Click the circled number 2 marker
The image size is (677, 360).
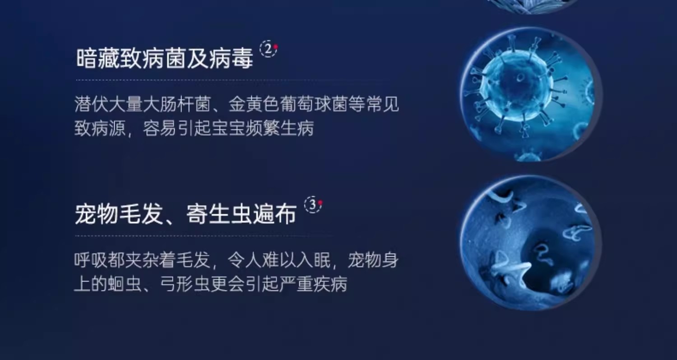pos(269,49)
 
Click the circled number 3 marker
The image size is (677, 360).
pos(313,204)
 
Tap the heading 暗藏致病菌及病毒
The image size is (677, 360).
pos(164,59)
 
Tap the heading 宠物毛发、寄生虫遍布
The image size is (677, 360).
pos(185,214)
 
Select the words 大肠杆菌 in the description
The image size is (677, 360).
pos(177,105)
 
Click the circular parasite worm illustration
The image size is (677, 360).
pos(531,244)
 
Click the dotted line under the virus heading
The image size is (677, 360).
pos(231,80)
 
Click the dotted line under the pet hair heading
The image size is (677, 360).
pos(204,235)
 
